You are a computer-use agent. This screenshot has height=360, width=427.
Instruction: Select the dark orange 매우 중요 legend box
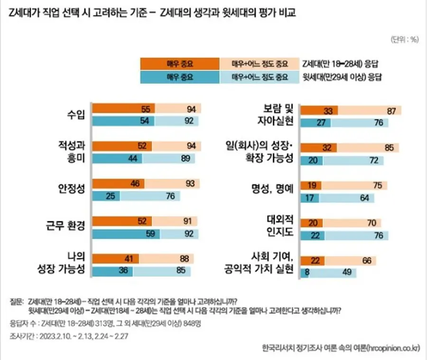pos(180,64)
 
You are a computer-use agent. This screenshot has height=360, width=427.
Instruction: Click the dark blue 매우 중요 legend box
pos(180,77)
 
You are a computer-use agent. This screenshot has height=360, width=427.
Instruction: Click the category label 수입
pos(76,114)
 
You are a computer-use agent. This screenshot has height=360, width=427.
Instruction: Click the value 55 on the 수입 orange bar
pos(146,109)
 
